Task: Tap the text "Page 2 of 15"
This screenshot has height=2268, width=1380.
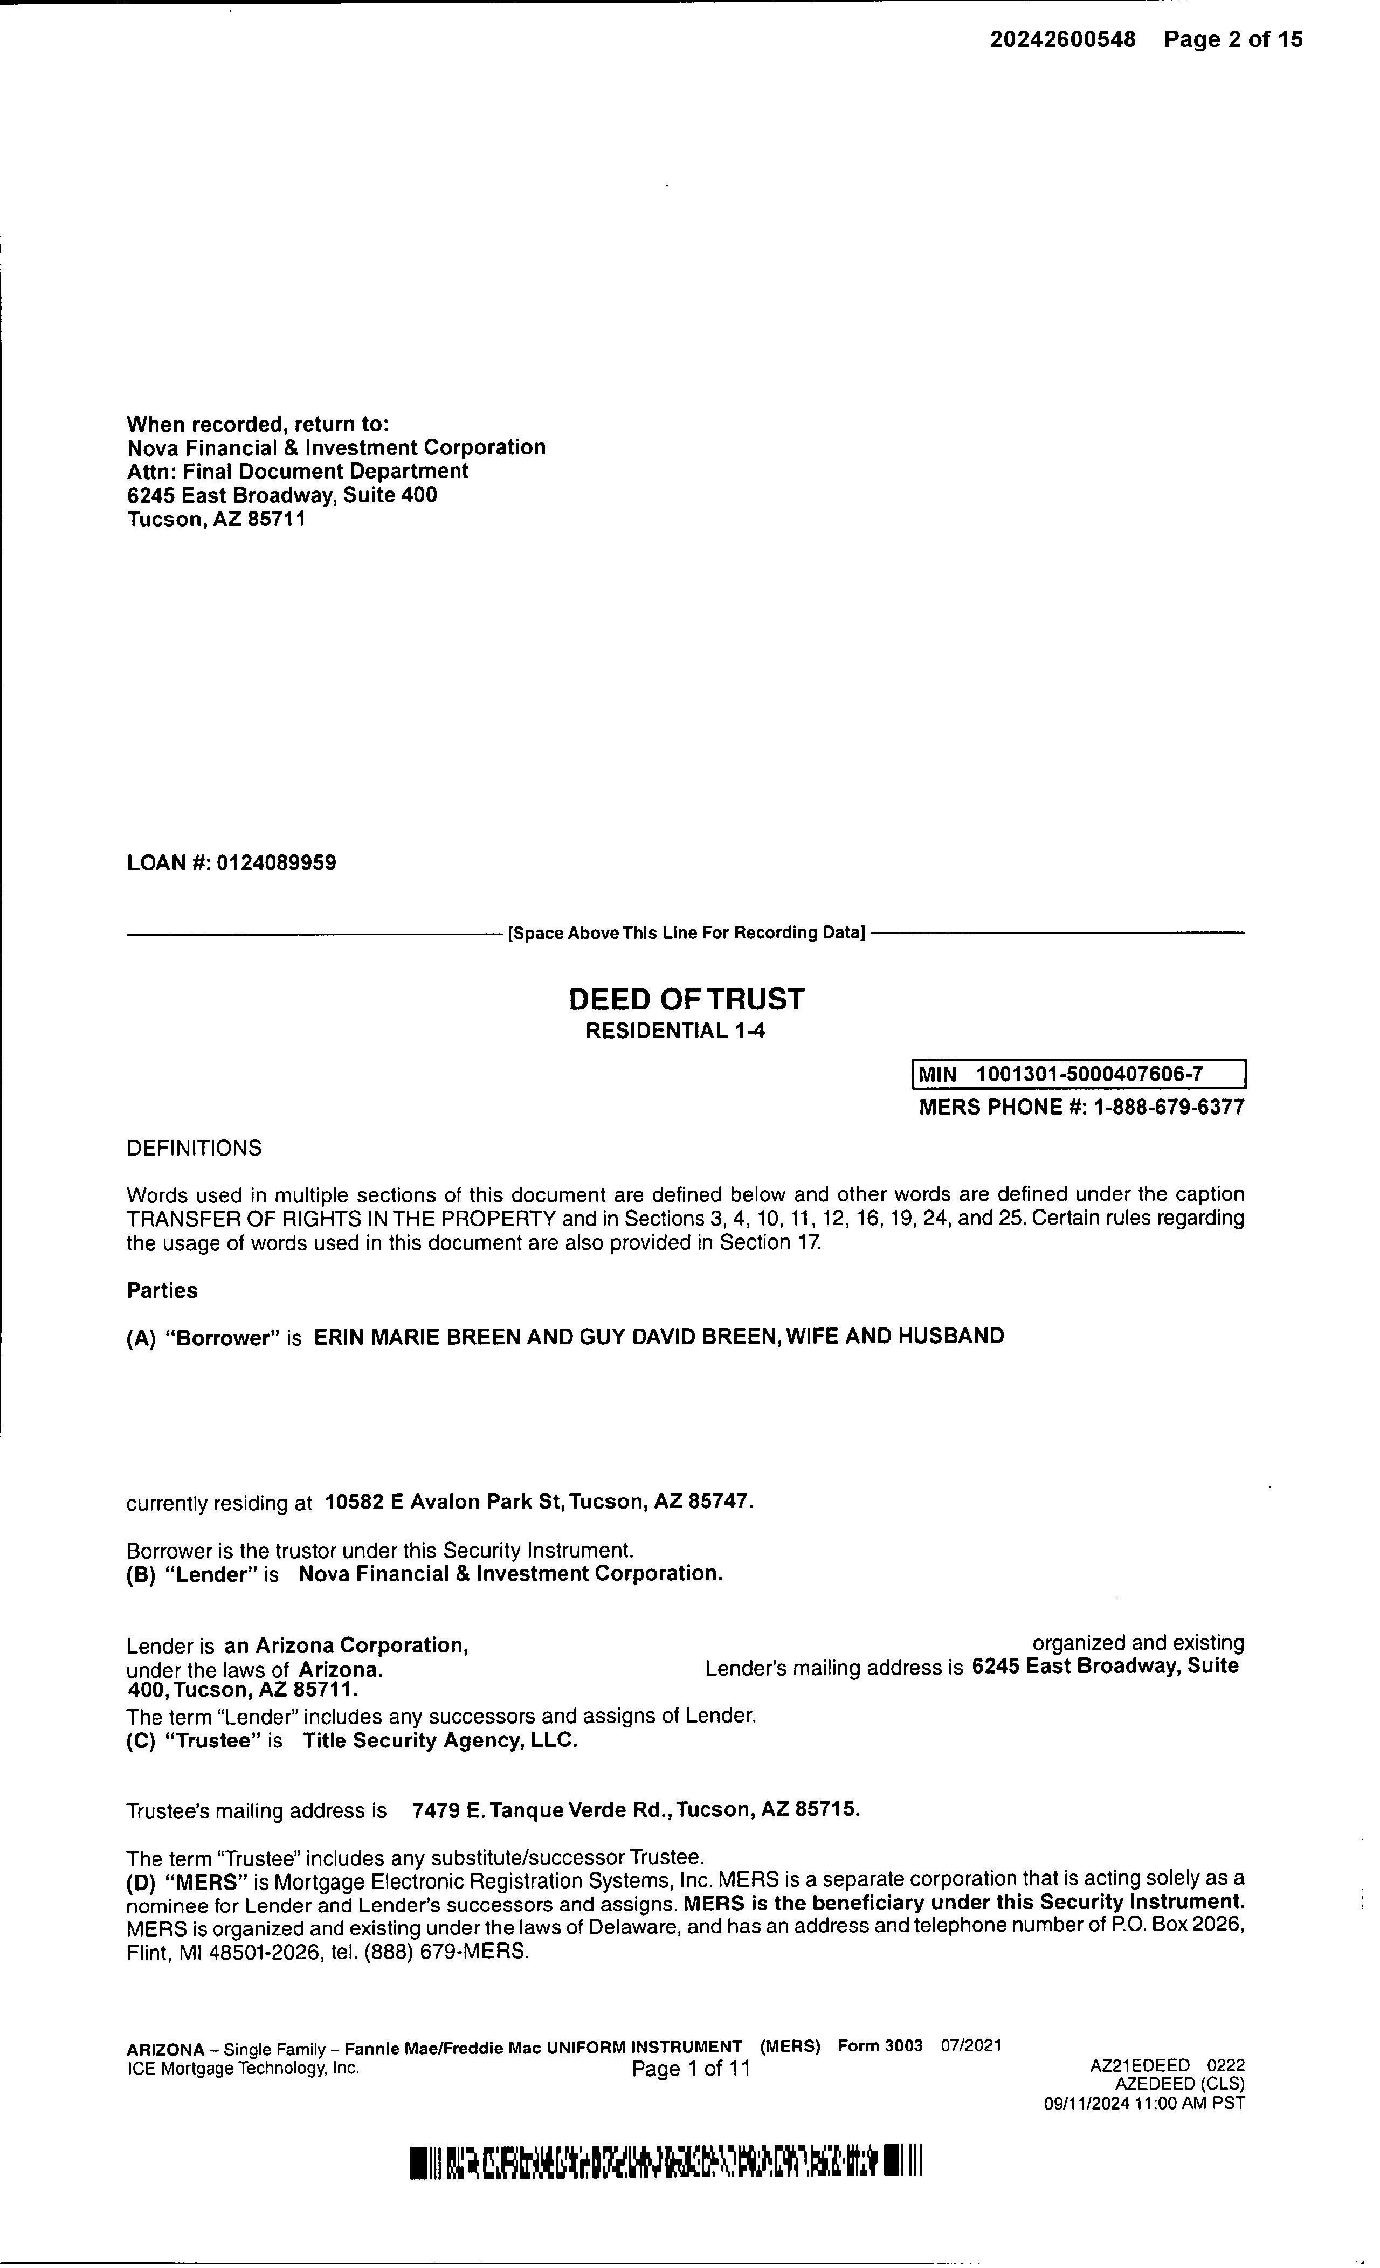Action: pyautogui.click(x=1233, y=39)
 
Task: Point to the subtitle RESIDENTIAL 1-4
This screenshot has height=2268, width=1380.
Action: pyautogui.click(x=675, y=1031)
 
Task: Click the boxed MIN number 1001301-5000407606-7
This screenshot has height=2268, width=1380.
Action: pyautogui.click(x=1089, y=1074)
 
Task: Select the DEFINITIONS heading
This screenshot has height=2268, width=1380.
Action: pyautogui.click(x=194, y=1149)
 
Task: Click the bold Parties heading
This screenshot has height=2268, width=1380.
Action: pyautogui.click(x=162, y=1290)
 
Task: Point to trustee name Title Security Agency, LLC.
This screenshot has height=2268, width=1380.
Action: pyautogui.click(x=440, y=1740)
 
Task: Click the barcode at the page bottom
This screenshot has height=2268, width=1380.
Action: pyautogui.click(x=666, y=2162)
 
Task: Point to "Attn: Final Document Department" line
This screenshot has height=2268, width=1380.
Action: pyautogui.click(x=298, y=471)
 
